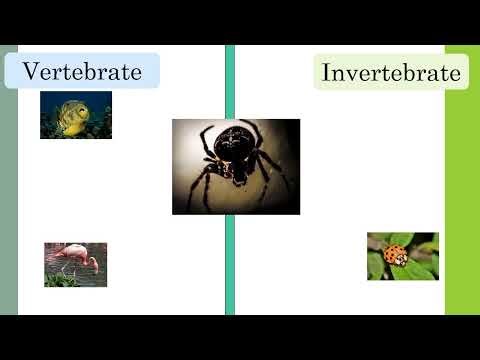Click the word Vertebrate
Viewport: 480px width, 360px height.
(x=82, y=71)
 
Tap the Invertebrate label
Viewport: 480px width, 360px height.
(x=391, y=73)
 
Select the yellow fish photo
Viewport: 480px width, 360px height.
(x=76, y=114)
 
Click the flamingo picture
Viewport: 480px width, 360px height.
(x=75, y=264)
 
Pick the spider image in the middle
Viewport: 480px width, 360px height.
(x=236, y=166)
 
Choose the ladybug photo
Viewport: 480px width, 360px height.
(x=402, y=256)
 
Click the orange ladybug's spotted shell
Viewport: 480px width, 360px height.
(x=395, y=254)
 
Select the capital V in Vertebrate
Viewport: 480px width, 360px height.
(x=31, y=71)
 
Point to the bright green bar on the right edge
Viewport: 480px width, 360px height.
(x=462, y=200)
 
